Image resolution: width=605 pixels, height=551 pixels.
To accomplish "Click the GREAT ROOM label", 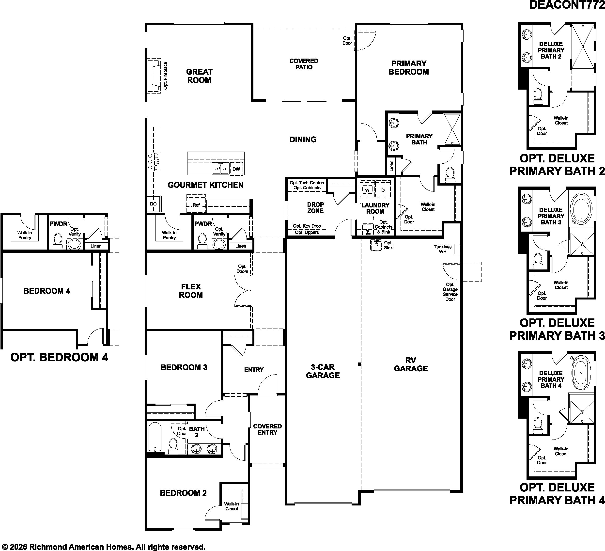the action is pos(199,76).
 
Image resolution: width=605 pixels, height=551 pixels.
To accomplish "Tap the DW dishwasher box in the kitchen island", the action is pos(236,169).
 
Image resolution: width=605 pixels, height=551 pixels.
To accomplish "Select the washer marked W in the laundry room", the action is pos(367,190).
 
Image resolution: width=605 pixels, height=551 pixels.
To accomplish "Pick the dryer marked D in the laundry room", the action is pos(383,190).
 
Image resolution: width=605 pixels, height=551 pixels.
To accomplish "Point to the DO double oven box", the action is pos(153,204).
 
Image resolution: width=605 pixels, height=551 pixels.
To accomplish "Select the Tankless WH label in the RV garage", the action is pos(443,249).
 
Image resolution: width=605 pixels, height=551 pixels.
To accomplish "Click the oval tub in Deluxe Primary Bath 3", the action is pos(581,209).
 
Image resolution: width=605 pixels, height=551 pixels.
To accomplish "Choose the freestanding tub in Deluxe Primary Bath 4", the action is pos(581,373).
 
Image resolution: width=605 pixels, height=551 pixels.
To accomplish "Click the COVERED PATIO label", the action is pos(304,64).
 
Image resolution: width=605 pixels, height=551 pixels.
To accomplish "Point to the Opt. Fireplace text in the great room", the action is pos(166,76).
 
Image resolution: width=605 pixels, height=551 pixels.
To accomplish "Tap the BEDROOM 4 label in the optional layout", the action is pos(47,291).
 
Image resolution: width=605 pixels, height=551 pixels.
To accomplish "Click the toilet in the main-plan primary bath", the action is pos(449,175).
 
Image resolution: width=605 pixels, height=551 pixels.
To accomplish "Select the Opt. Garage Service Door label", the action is pos(450,292).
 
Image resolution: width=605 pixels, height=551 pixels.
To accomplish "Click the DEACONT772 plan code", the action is pos(567,5).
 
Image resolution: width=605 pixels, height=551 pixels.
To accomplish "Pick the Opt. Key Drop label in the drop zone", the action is pos(307,226).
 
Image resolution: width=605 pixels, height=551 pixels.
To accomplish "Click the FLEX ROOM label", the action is pos(191,291).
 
